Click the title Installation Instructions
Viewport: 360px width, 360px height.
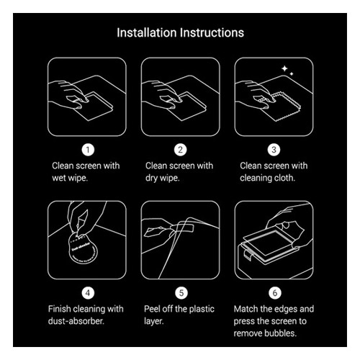(x=180, y=32)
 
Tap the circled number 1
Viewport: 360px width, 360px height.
(x=88, y=150)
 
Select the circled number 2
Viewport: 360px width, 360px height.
(x=180, y=150)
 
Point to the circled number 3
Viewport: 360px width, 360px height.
(x=274, y=150)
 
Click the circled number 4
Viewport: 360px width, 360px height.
(x=88, y=293)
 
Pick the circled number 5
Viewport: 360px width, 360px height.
(x=181, y=293)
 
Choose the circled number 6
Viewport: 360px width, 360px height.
(x=275, y=293)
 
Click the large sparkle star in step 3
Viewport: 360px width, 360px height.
(x=284, y=68)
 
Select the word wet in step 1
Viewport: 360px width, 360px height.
(x=59, y=178)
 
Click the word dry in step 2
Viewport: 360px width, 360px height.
(x=151, y=179)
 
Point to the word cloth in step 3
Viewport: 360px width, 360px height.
(x=286, y=178)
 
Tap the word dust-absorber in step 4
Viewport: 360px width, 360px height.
(x=76, y=321)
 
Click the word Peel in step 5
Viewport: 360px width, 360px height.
(x=152, y=309)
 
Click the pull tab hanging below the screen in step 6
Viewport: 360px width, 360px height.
(x=248, y=254)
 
